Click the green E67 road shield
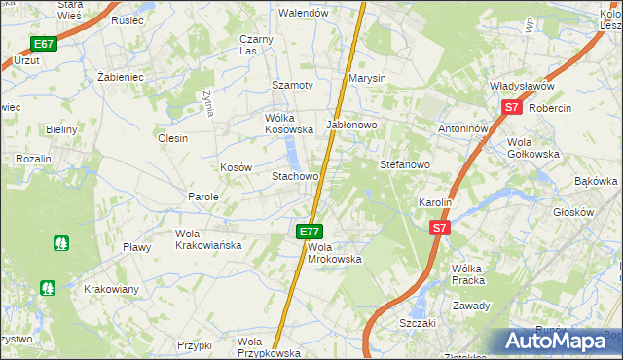43,44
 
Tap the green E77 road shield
310,232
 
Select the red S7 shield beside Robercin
512,109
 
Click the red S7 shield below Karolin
440,228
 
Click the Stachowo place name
295,177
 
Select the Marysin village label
368,78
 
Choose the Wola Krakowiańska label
207,239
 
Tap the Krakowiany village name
111,289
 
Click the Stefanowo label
404,164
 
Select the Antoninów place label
465,127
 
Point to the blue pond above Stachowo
291,152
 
